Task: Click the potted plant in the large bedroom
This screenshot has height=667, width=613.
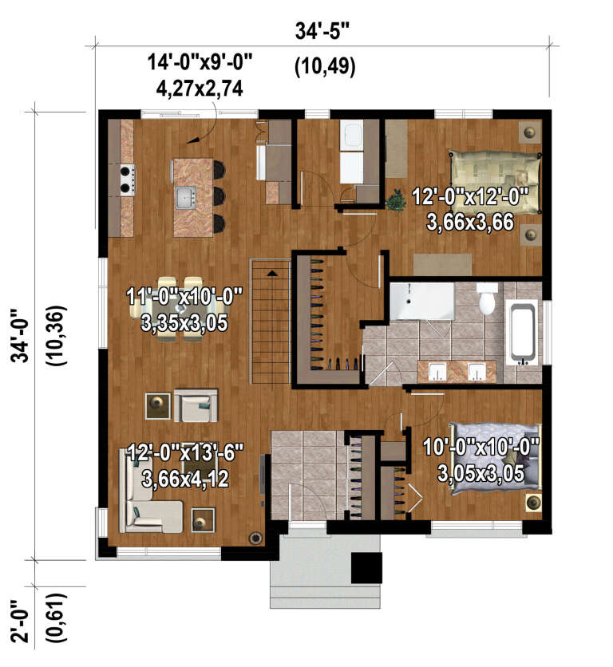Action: (394, 199)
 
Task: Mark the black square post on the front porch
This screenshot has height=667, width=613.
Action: (367, 567)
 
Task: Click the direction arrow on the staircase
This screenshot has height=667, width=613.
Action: (272, 274)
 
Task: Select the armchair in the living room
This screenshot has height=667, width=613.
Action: (196, 406)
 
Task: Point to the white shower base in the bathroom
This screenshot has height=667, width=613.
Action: (421, 300)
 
